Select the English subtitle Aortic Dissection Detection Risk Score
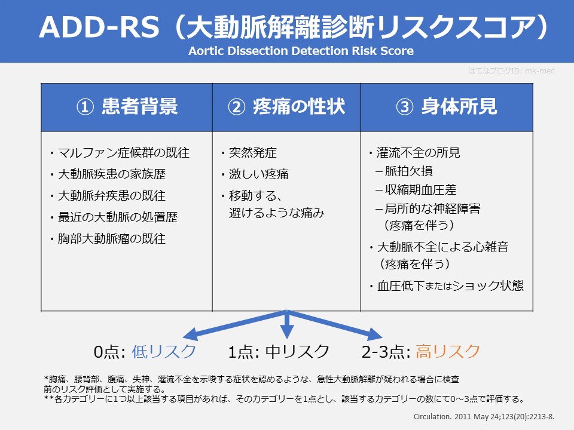tap(301, 51)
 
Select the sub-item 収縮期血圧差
tap(416, 190)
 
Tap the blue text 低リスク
tap(164, 351)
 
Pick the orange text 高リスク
tap(448, 351)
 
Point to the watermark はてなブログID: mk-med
tap(512, 70)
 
